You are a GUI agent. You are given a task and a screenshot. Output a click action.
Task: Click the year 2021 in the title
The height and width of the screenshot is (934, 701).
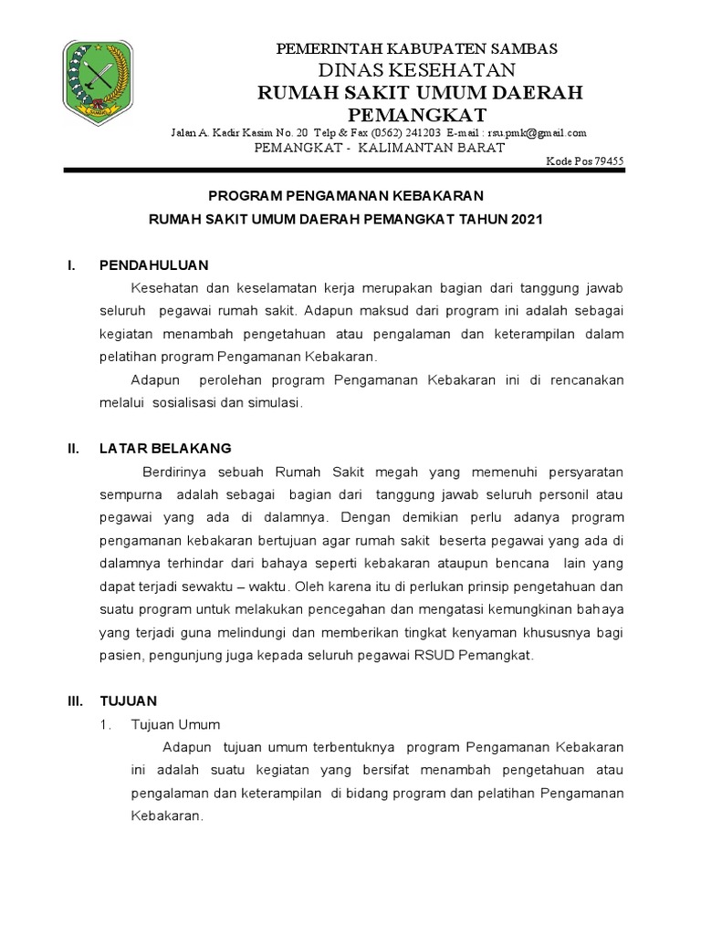[x=527, y=220]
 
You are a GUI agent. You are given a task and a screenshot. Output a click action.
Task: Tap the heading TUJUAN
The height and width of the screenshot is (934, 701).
[x=128, y=700]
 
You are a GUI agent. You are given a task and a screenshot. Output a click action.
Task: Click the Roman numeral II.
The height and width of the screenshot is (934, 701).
[x=73, y=448]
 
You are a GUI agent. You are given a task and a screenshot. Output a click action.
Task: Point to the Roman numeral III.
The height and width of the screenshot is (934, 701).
[x=75, y=700]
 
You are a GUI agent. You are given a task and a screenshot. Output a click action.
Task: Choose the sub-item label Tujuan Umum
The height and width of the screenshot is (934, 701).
[x=176, y=724]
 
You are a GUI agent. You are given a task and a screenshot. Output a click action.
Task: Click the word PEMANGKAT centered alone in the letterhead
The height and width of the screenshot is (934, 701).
[x=419, y=114]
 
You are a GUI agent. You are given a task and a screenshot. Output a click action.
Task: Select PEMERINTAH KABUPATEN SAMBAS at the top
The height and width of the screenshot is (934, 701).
[x=417, y=48]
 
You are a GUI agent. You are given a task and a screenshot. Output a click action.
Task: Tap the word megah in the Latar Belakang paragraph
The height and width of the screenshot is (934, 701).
[x=400, y=472]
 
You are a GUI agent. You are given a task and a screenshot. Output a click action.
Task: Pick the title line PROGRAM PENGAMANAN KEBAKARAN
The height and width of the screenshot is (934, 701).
[x=346, y=196]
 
